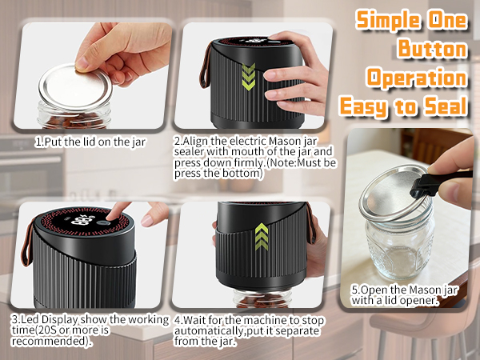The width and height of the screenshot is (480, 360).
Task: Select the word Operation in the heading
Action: [416, 77]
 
